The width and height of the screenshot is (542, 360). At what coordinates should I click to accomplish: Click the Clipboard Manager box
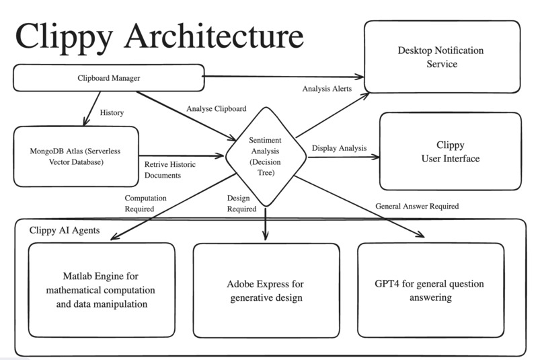(x=108, y=77)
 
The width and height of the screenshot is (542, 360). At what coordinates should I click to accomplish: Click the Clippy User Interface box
(x=450, y=151)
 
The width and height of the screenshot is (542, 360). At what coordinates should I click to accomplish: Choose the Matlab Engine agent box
(x=102, y=289)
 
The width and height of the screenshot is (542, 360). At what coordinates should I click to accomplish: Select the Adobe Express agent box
(x=266, y=289)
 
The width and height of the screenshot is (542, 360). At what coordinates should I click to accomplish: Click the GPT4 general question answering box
(x=430, y=289)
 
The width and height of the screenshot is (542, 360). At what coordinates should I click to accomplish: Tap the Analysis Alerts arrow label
(x=327, y=88)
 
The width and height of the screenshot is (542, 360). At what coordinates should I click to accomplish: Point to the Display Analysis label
(x=339, y=148)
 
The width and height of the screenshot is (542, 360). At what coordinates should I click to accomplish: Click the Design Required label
(x=241, y=203)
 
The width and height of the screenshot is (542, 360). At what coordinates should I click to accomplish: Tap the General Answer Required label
(x=417, y=206)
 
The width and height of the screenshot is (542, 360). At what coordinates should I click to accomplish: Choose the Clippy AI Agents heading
(x=65, y=230)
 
